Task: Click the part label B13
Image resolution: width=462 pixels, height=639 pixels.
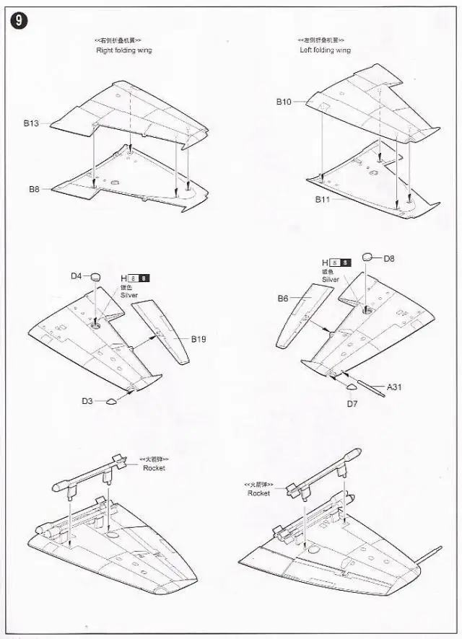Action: click(x=30, y=123)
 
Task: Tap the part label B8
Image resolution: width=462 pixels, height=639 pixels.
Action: click(x=34, y=189)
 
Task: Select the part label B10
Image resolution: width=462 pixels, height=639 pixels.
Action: click(x=283, y=102)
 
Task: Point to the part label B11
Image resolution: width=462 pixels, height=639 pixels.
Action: click(x=322, y=198)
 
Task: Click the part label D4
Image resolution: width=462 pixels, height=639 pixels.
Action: click(x=76, y=276)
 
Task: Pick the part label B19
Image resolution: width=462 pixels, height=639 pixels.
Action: click(x=199, y=338)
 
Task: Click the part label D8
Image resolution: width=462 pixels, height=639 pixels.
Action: click(x=389, y=258)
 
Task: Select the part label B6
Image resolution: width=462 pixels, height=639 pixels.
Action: click(x=283, y=298)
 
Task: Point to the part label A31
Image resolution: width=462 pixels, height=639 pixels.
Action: click(x=394, y=387)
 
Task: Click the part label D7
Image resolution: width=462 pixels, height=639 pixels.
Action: click(x=352, y=404)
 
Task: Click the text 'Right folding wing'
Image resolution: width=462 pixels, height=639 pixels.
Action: click(x=124, y=50)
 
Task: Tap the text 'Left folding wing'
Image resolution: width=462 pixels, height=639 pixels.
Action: click(x=326, y=50)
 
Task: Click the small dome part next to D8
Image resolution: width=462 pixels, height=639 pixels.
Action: click(x=367, y=256)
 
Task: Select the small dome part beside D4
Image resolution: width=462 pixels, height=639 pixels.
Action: click(x=97, y=276)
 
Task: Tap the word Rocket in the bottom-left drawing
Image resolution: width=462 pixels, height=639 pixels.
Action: click(x=154, y=468)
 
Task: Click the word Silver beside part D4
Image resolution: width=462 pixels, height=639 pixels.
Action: click(x=129, y=296)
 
